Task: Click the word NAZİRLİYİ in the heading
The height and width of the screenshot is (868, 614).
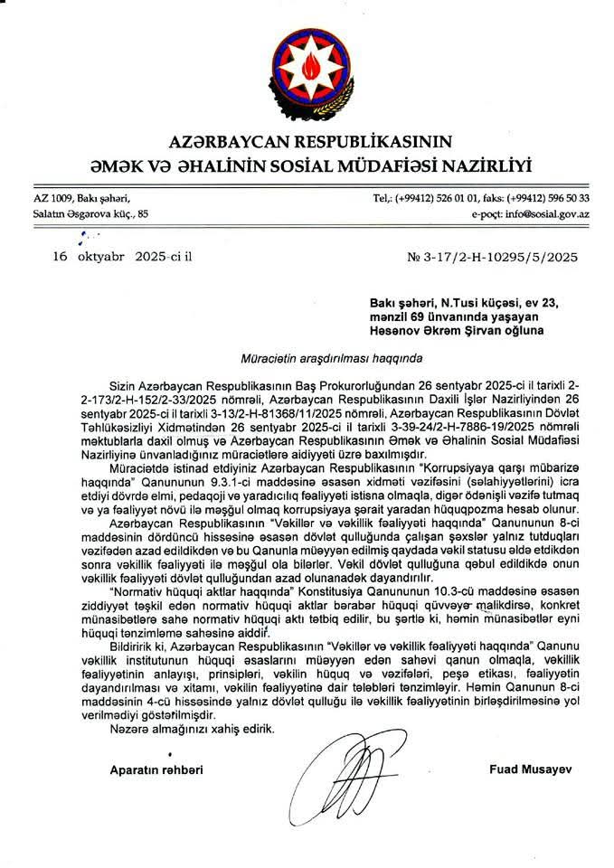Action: (481, 165)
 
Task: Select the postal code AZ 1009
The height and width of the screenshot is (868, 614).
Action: (53, 197)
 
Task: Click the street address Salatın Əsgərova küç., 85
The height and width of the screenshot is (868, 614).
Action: (90, 214)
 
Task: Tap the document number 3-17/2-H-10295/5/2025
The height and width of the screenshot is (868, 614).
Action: (503, 256)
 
